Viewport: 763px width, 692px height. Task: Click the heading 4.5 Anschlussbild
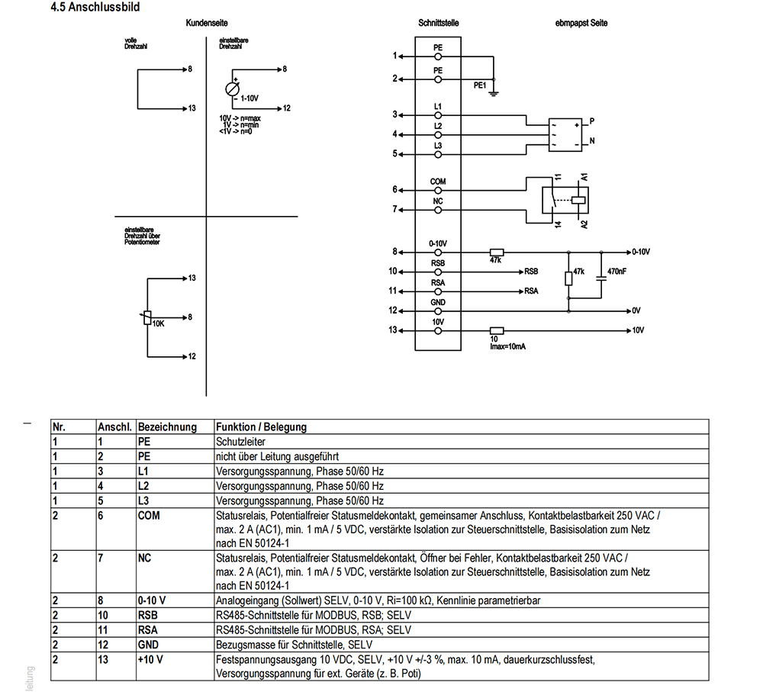point(95,8)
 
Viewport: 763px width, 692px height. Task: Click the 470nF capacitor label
point(617,272)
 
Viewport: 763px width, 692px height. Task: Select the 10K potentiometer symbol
point(147,318)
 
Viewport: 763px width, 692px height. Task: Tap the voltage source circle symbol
point(232,89)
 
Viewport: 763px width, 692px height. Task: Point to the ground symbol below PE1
point(494,93)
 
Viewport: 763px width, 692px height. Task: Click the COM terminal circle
point(438,191)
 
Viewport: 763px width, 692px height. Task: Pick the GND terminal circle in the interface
point(438,311)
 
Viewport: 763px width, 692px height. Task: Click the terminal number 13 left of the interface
point(392,330)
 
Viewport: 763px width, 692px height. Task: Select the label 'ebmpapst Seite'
point(581,23)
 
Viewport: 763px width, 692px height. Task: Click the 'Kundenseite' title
point(206,23)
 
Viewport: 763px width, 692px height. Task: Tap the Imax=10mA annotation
point(507,347)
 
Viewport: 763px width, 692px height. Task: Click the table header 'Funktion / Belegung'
point(261,427)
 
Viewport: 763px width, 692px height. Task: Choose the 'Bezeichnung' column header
point(167,427)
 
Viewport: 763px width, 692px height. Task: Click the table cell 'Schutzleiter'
point(240,442)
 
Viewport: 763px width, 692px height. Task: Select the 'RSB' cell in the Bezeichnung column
point(147,615)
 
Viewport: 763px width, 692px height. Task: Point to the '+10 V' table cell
point(150,659)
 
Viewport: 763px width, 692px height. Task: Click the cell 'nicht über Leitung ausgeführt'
point(278,456)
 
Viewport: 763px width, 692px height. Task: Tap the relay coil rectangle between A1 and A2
point(578,200)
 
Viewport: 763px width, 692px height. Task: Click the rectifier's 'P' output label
point(592,121)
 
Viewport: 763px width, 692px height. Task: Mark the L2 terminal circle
point(438,135)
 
